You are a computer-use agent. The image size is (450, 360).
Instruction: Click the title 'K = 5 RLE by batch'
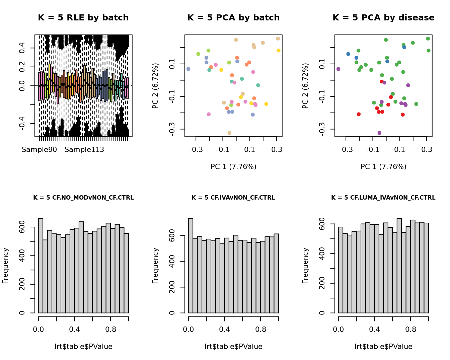tap(83, 18)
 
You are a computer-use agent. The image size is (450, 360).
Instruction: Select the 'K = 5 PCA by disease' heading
tap(383, 18)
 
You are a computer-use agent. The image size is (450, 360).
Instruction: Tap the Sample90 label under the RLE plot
tap(39, 150)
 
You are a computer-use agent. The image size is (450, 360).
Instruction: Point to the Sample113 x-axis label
tap(84, 150)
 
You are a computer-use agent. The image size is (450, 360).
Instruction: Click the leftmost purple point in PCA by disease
tap(338, 69)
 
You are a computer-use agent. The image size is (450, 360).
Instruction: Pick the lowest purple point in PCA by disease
tap(379, 133)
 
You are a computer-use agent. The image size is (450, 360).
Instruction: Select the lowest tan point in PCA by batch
tap(229, 133)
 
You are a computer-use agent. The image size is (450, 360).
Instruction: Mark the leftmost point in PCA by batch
tap(188, 69)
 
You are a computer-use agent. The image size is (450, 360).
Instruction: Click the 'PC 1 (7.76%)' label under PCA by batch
tap(233, 166)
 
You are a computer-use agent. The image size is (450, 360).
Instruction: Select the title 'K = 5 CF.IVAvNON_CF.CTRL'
tap(233, 198)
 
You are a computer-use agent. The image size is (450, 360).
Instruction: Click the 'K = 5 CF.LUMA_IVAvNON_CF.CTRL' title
tap(383, 198)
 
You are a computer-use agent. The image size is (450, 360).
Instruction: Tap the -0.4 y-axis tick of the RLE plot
tap(22, 124)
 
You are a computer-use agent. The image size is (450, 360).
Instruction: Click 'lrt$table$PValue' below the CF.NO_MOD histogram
tap(83, 347)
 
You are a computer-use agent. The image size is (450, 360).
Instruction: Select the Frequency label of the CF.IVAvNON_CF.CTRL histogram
tap(155, 266)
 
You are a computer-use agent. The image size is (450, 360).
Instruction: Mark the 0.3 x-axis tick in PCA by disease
tap(427, 150)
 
